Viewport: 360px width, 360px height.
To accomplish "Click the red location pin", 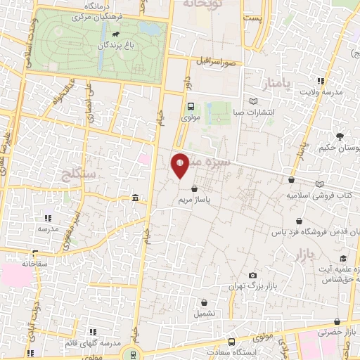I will click(180, 166).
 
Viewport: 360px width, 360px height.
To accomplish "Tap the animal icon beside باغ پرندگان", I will click(114, 33).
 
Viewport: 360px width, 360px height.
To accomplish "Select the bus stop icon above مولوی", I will click(191, 106).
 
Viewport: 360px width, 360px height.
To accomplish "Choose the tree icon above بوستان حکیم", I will click(341, 136).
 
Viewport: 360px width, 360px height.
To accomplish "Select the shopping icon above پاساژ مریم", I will click(195, 188).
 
